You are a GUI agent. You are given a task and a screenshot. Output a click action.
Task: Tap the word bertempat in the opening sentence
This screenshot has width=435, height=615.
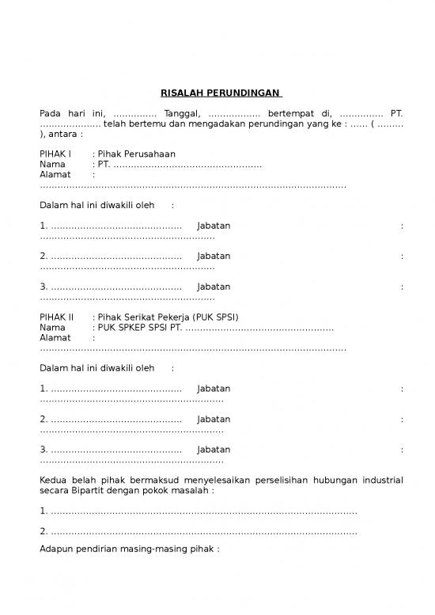pyautogui.click(x=293, y=114)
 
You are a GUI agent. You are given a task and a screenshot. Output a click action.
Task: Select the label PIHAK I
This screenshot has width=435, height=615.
pyautogui.click(x=55, y=154)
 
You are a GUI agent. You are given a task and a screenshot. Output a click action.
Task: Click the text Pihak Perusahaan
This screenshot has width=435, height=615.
pyautogui.click(x=136, y=154)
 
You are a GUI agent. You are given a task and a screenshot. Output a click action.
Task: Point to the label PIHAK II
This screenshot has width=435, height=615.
pyautogui.click(x=57, y=317)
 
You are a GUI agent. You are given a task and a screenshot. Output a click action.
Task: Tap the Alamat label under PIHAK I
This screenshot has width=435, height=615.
pyautogui.click(x=55, y=174)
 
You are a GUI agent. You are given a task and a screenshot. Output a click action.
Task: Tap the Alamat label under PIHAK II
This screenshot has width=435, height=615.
pyautogui.click(x=55, y=337)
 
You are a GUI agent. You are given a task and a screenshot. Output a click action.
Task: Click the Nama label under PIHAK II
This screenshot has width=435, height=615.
pyautogui.click(x=52, y=327)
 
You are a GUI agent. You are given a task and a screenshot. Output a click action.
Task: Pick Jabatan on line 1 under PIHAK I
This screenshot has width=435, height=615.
pyautogui.click(x=214, y=226)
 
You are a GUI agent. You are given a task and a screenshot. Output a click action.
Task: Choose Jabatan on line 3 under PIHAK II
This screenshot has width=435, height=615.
pyautogui.click(x=214, y=450)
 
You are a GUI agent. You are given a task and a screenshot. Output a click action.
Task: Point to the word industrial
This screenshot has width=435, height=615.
pyautogui.click(x=383, y=480)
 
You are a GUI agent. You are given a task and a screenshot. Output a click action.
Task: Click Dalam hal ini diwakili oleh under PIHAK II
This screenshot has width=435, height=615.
pyautogui.click(x=97, y=368)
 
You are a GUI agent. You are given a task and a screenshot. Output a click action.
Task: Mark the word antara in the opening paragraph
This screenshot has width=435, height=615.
pyautogui.click(x=63, y=135)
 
